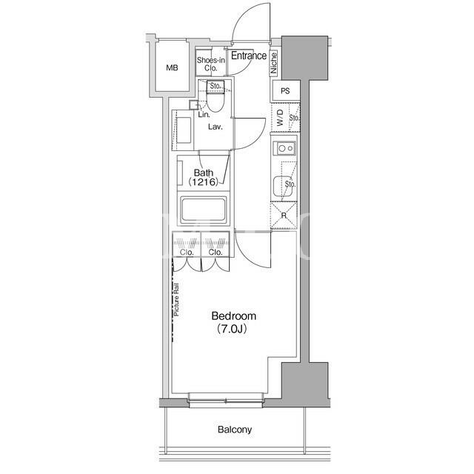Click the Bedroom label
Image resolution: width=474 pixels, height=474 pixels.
234,316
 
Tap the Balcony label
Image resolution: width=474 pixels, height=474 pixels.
235,430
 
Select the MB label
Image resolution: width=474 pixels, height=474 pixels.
172,68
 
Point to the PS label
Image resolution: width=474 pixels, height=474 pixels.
285,90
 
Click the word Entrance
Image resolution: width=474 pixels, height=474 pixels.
249,56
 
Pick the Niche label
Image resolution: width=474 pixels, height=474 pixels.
273,63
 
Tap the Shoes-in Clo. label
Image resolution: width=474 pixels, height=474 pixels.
210,64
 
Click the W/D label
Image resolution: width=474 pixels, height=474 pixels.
280,118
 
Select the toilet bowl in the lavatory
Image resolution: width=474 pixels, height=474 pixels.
216,102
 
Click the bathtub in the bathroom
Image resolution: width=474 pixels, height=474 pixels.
203,209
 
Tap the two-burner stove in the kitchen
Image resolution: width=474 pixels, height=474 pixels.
284,148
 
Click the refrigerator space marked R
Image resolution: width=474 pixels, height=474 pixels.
284,216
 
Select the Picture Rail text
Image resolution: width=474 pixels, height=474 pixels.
176,299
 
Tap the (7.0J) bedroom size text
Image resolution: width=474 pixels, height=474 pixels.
232,329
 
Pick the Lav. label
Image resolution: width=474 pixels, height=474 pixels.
216,127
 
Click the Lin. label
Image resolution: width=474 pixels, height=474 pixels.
204,115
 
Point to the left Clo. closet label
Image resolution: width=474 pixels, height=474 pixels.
187,252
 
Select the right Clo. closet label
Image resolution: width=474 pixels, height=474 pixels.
216,252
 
